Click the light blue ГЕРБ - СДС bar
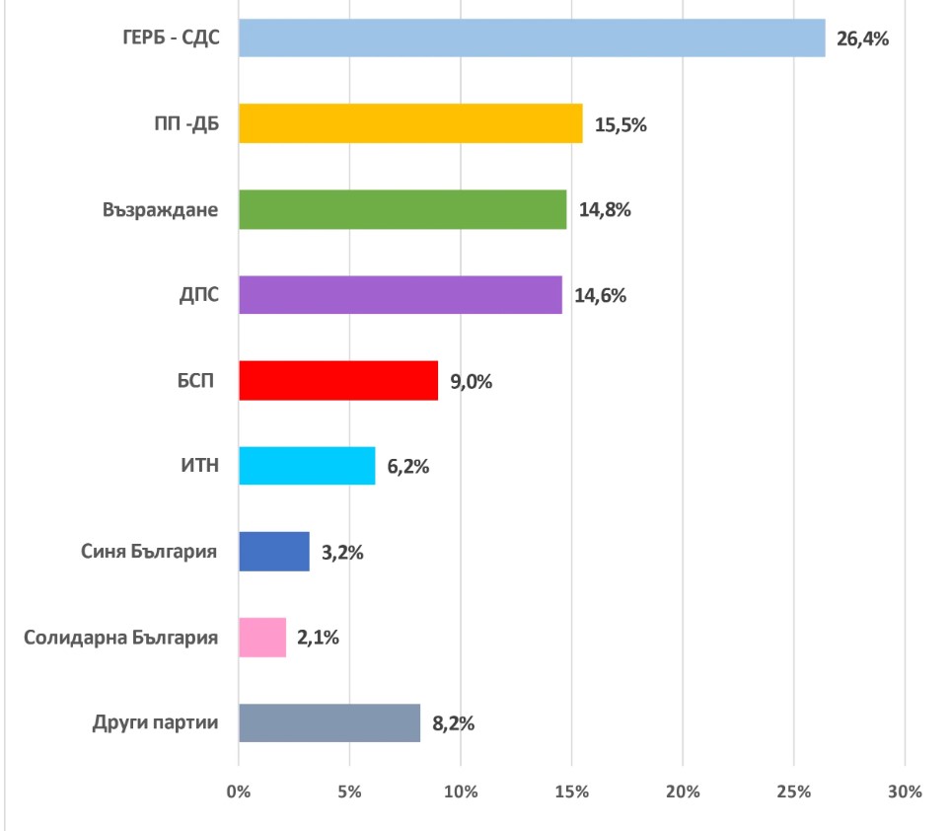532,38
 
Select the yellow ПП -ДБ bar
410,123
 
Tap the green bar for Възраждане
402,209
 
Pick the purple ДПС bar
401,295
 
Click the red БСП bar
338,381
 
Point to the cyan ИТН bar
307,466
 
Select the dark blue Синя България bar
274,552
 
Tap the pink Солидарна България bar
262,638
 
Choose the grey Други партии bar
329,723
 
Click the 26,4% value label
863,40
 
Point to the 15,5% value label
621,125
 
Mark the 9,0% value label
471,382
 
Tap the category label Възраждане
160,210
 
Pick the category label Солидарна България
120,638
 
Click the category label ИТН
197,467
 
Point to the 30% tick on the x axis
905,792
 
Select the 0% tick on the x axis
239,792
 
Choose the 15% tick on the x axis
572,792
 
